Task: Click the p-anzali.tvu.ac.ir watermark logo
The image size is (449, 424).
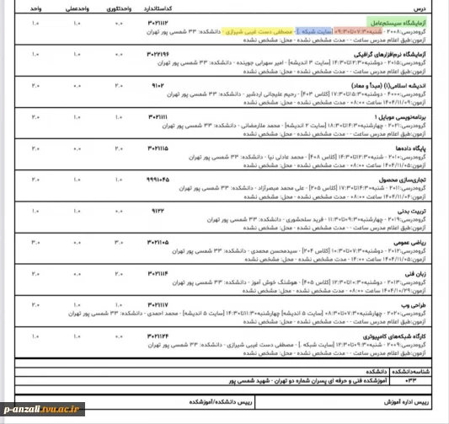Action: coord(42,409)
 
